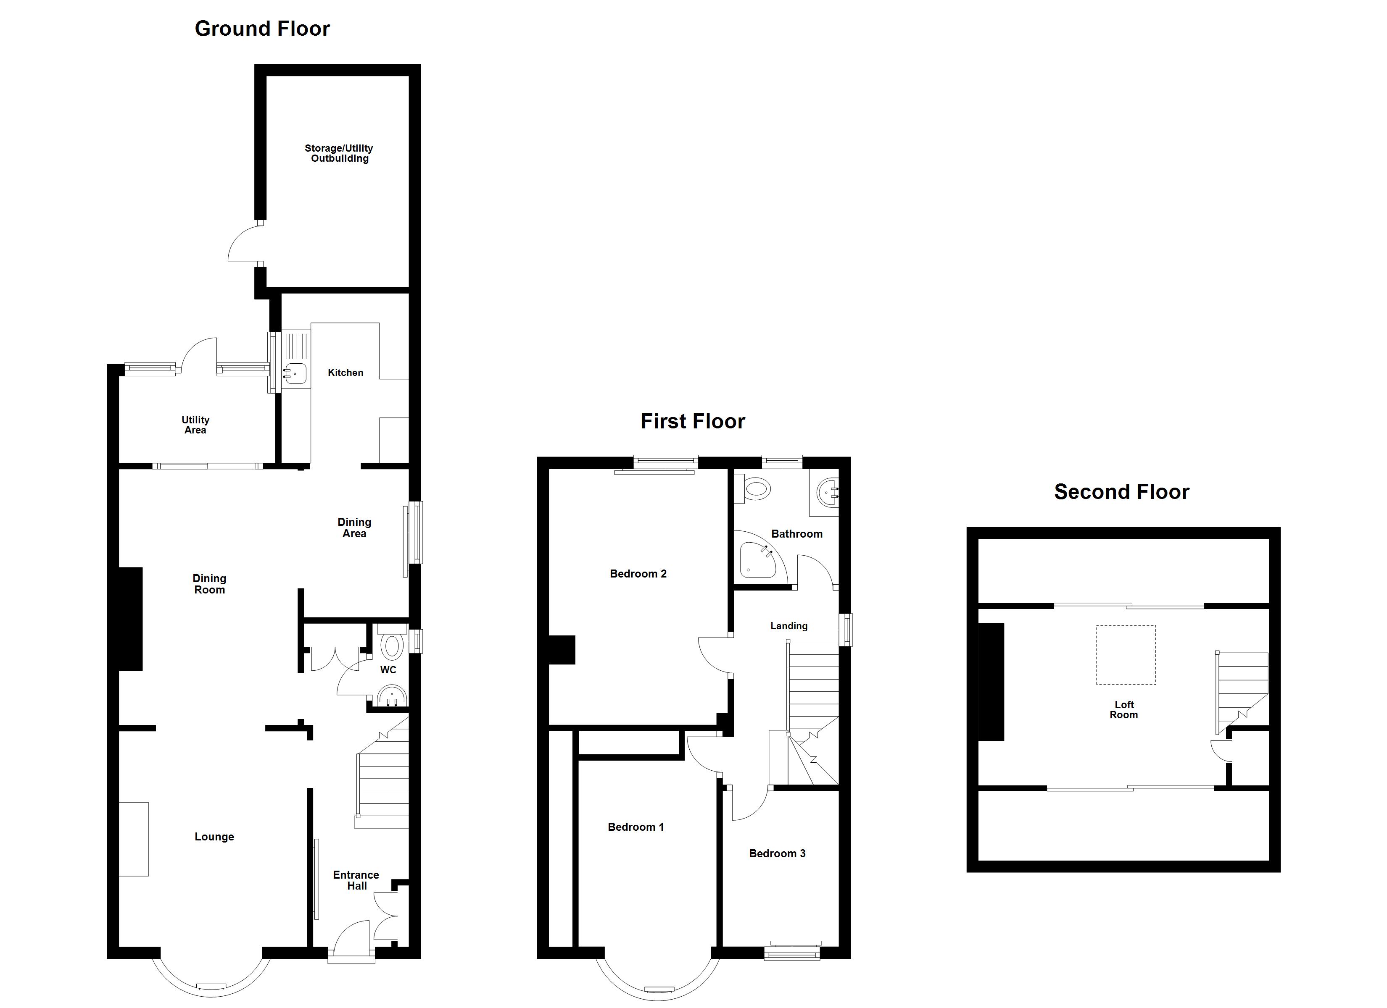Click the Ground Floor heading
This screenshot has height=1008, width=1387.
click(262, 29)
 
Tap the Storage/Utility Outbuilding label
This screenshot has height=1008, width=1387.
click(339, 153)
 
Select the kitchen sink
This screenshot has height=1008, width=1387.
click(295, 372)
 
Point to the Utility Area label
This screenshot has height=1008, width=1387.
click(195, 425)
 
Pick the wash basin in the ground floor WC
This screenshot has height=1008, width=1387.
click(391, 696)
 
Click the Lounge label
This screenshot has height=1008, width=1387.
click(214, 837)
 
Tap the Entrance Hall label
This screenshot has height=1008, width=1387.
click(356, 880)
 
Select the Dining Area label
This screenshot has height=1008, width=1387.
click(354, 528)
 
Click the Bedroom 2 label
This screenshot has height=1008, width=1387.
click(638, 573)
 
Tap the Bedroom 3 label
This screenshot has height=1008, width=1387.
click(777, 853)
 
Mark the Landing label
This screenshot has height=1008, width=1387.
click(788, 626)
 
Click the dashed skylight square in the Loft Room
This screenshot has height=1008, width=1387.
click(1125, 655)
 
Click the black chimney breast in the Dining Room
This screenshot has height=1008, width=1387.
click(129, 619)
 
